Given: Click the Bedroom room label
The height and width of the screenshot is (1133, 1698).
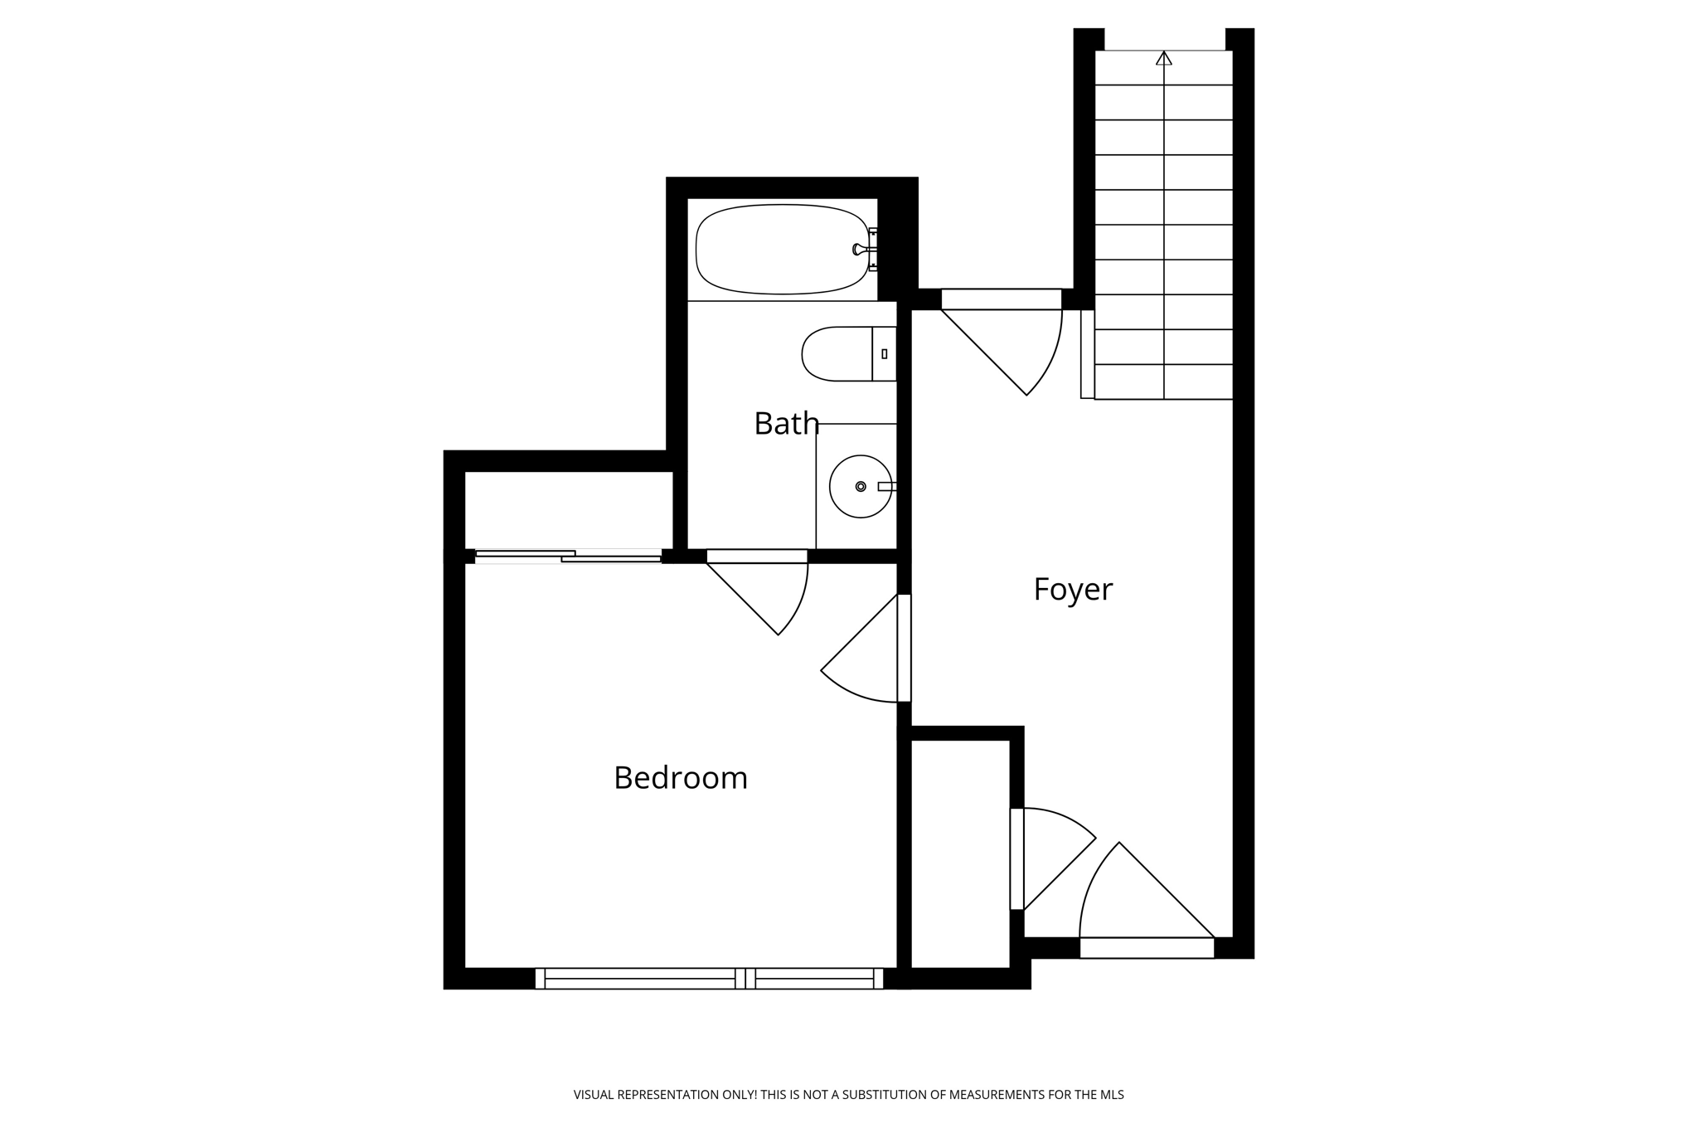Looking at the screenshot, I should pos(681,778).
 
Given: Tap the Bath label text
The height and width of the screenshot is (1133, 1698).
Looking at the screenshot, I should pos(786,424).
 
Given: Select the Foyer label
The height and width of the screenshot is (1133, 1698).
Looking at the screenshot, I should pos(1072,590).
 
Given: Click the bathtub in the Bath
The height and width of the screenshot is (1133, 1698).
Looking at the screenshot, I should pos(779,249).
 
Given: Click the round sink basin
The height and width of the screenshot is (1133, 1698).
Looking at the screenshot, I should pos(861,487).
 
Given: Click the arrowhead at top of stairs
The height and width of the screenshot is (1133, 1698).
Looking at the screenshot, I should pos(1164,58).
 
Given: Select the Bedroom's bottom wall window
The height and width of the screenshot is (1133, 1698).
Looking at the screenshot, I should pos(709,979).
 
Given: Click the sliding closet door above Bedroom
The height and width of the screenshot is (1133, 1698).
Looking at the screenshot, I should pos(569,557).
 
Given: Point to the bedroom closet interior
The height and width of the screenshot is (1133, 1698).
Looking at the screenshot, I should pos(569,510).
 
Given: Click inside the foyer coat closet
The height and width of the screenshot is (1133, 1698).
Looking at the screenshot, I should pos(960,854).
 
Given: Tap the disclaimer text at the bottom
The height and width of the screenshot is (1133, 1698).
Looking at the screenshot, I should pos(848,1095).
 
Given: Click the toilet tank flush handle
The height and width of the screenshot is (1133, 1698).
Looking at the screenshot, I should pos(885,354).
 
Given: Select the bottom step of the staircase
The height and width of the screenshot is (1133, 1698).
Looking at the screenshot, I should pos(1164,382).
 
